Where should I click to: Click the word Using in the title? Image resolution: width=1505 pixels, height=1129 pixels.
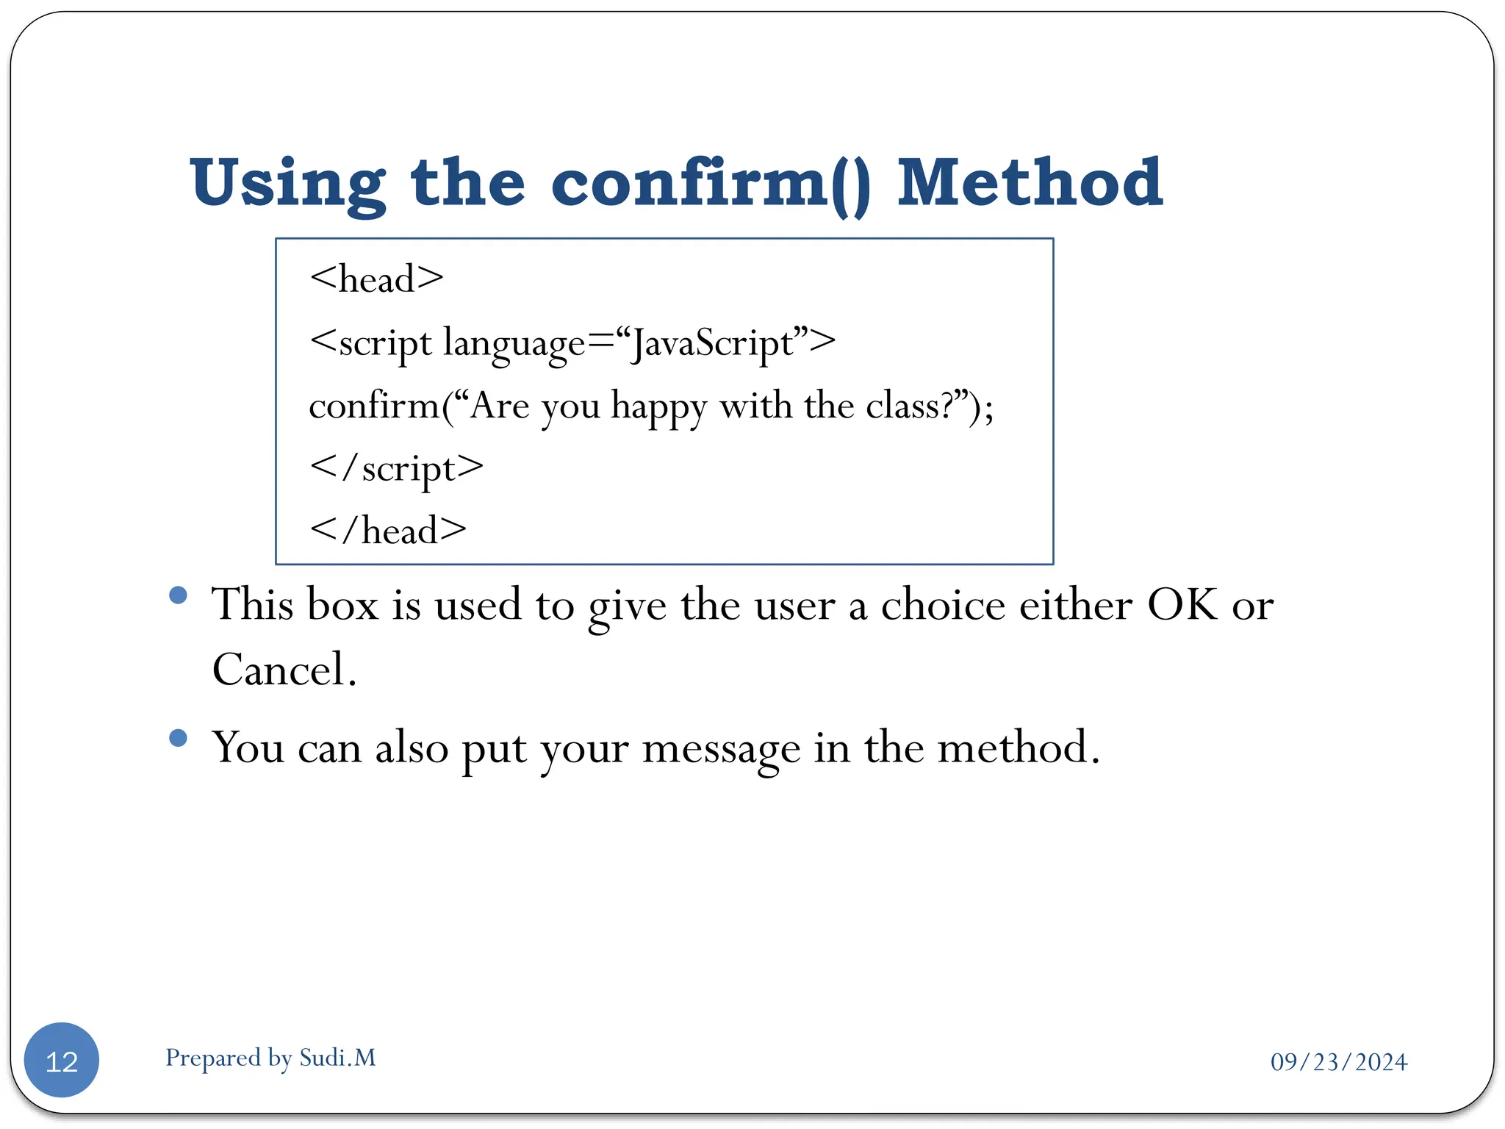287,184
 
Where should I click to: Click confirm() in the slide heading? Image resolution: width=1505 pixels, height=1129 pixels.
710,184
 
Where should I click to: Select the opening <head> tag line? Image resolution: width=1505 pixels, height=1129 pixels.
376,279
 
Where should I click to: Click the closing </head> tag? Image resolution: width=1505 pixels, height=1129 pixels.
388,531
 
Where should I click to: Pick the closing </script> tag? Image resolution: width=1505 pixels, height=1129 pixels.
397,468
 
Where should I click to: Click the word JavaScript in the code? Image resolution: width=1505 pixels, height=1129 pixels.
713,343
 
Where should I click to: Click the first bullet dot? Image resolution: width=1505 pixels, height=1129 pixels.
178,595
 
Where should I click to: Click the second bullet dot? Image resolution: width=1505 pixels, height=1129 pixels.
178,737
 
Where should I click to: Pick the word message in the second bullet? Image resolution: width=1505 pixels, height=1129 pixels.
721,749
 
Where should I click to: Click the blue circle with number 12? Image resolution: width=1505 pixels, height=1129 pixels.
62,1060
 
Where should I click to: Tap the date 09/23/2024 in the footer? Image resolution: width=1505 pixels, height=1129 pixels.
1339,1062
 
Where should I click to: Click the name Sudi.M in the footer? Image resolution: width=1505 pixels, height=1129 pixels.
338,1058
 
